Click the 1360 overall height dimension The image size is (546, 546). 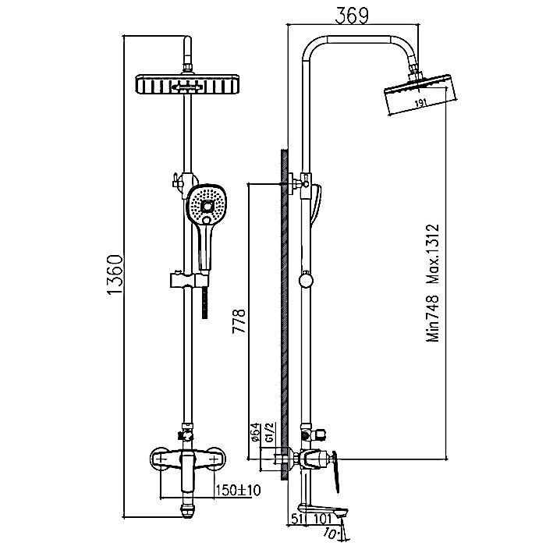pos(115,275)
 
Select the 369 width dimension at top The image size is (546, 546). pos(351,16)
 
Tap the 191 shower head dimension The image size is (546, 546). pos(421,103)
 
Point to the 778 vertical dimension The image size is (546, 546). pos(239,321)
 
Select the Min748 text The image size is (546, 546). pos(433,318)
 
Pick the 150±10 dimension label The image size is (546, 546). pos(238,491)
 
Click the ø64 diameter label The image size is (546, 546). pos(255,432)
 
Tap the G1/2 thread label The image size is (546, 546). pos(270,433)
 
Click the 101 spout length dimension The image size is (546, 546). pos(322,519)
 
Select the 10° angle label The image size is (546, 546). pos(331,533)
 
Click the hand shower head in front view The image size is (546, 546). pos(207,204)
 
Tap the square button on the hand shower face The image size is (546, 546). pos(207,207)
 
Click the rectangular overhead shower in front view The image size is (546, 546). pos(187,84)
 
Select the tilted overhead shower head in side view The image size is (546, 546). pos(420,94)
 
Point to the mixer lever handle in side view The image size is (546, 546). pos(335,471)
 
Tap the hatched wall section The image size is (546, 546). pos(285,315)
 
